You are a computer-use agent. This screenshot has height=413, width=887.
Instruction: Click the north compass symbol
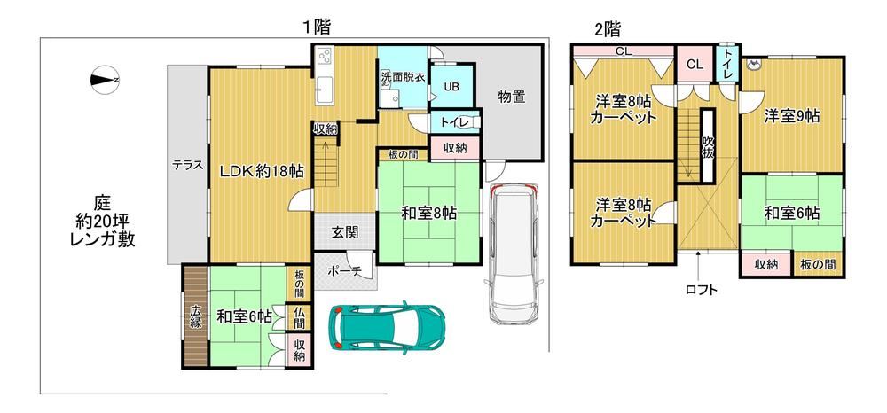tap(104, 80)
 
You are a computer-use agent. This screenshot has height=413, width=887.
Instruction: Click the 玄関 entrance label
tap(345, 232)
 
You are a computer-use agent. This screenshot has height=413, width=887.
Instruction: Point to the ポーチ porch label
tap(344, 271)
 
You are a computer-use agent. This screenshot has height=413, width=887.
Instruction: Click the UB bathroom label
tap(451, 87)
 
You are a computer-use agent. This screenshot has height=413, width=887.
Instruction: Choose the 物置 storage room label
tap(512, 97)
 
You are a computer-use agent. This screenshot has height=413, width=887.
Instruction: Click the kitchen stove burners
tap(326, 56)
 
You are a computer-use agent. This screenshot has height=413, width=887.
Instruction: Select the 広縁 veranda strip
tap(196, 316)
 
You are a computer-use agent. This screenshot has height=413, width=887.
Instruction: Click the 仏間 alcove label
tap(299, 317)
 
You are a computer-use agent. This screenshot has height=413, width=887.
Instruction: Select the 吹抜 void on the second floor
tap(707, 145)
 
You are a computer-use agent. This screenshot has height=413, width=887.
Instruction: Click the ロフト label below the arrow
tap(701, 291)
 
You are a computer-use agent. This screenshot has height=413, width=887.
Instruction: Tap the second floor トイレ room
tap(726, 64)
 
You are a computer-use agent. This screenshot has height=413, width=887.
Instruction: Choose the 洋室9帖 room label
tap(792, 116)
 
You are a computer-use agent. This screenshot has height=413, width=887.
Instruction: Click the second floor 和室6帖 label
tap(792, 214)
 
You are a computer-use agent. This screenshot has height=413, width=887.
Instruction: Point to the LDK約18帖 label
tap(262, 171)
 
